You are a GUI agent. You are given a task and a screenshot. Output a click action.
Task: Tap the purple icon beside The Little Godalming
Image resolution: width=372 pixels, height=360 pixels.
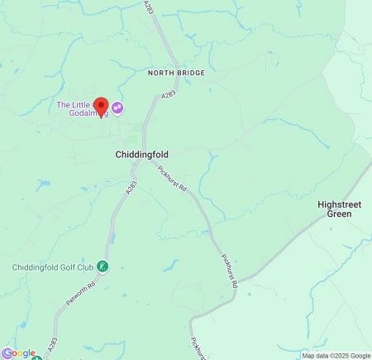pyautogui.click(x=117, y=107)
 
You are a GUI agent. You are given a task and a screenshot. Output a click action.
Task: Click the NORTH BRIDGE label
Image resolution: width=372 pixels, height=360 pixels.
pyautogui.click(x=176, y=73)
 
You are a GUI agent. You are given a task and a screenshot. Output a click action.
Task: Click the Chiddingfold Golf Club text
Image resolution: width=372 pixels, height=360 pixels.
pyautogui.click(x=52, y=266)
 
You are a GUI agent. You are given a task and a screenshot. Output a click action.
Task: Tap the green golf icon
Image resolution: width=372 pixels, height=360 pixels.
pyautogui.click(x=103, y=266)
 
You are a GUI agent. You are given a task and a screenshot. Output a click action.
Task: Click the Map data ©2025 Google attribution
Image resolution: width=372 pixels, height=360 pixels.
pyautogui.click(x=336, y=356)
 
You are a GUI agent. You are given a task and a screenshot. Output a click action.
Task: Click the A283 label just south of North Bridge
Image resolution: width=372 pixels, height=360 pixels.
pyautogui.click(x=169, y=97)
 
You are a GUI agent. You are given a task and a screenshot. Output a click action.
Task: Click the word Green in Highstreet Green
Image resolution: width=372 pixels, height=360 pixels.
pyautogui.click(x=339, y=214)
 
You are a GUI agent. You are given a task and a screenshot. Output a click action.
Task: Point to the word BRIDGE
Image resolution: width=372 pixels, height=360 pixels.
pyautogui.click(x=192, y=73)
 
